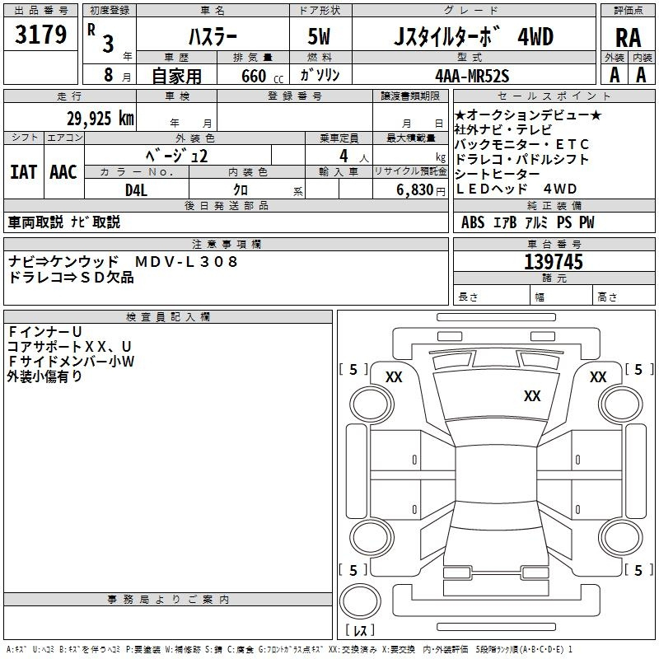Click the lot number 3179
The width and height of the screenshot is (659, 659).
click(x=40, y=35)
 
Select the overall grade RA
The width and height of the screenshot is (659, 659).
click(x=629, y=38)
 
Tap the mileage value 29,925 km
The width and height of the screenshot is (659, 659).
click(x=100, y=119)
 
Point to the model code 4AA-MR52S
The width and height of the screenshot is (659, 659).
click(x=472, y=76)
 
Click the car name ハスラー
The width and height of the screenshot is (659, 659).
click(x=213, y=36)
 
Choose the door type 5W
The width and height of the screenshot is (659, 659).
click(x=319, y=36)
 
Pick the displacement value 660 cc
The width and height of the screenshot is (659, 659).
click(x=262, y=77)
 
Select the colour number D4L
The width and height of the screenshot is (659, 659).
click(x=136, y=190)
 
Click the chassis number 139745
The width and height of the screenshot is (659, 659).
click(x=554, y=262)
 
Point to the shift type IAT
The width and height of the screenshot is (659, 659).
click(x=24, y=172)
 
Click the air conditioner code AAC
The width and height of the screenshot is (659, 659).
click(x=63, y=172)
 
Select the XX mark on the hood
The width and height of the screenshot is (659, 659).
click(x=532, y=395)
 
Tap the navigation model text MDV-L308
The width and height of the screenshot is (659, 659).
click(x=186, y=261)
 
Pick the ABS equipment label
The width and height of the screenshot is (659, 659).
click(x=473, y=222)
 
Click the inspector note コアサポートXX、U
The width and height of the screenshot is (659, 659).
click(x=69, y=346)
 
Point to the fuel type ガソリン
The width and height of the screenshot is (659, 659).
click(x=320, y=75)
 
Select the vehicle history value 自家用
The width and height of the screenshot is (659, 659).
click(x=176, y=76)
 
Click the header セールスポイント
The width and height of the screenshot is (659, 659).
click(x=554, y=96)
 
